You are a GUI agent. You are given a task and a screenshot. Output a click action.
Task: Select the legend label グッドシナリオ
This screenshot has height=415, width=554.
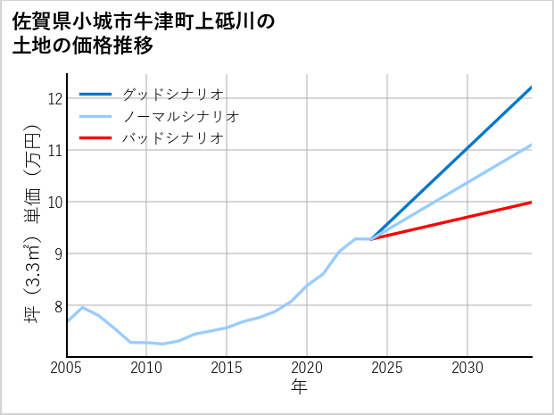coord(172,94)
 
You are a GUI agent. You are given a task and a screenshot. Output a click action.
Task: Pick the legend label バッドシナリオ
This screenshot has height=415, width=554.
coord(172,138)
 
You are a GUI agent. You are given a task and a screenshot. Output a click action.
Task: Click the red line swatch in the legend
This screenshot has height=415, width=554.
coord(95,138)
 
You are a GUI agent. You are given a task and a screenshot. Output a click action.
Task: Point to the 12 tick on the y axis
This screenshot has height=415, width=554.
coord(54,98)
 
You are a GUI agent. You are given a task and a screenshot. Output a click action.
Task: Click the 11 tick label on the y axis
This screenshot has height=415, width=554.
coord(54,150)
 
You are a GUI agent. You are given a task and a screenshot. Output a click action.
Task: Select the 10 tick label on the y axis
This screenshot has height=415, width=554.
coord(54,202)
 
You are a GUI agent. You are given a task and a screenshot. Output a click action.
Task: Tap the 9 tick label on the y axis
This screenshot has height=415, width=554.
coord(58,254)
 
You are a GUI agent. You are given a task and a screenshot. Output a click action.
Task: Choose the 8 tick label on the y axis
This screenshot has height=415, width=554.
coord(58,306)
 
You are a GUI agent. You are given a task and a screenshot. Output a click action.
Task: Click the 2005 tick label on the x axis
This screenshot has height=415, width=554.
coord(67,368)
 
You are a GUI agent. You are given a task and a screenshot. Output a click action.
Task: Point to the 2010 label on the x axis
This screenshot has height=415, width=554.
coord(146,368)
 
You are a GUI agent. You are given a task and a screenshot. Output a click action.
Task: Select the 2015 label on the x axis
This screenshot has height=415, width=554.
coord(227,368)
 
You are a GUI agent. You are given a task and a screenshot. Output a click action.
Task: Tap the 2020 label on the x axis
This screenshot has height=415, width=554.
coord(307,368)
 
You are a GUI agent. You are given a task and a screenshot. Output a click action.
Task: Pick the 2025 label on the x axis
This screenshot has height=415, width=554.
coord(387,368)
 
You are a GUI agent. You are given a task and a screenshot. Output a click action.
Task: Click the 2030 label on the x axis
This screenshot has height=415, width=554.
coord(467,368)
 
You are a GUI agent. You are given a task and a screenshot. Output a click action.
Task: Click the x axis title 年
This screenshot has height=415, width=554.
coord(299,387)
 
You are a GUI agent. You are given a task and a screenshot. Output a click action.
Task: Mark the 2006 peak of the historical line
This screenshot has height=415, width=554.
coord(83,307)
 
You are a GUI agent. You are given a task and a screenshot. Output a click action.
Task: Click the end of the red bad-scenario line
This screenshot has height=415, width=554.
coord(531,203)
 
